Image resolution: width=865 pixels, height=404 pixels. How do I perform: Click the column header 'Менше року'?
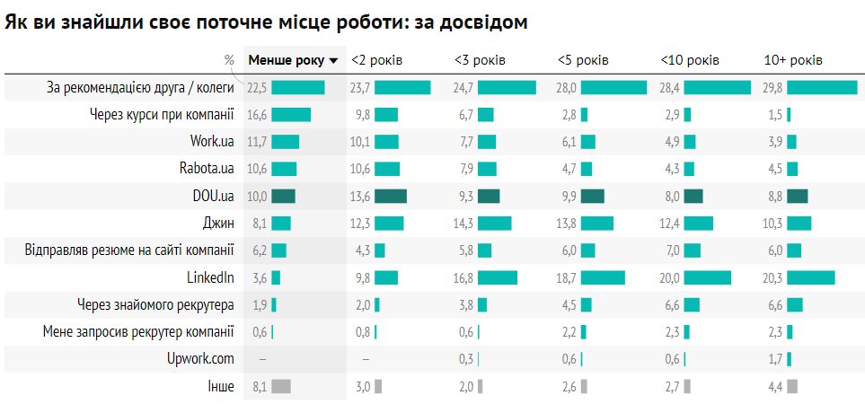287,60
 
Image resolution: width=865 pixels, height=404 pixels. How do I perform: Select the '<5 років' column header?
583,60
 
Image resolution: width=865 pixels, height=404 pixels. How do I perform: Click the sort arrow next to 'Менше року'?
334,61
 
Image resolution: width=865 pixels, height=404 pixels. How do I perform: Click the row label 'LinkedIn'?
210,277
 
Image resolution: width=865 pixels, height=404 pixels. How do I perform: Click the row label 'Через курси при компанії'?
162,115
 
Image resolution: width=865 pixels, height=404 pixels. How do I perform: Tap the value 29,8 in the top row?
773,88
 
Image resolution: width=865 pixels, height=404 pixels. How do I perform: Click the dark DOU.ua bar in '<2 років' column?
391,197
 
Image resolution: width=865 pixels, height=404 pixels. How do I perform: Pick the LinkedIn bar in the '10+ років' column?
811,277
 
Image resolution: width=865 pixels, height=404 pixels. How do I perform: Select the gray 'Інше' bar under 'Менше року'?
281,386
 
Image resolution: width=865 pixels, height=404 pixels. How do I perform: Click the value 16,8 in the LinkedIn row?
463,277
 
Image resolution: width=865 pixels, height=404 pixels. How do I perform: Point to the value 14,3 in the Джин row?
463,224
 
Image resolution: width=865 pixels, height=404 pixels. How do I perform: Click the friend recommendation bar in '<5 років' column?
613,88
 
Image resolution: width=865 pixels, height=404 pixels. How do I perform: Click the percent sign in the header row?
229,60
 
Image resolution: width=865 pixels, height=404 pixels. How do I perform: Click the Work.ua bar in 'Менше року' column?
285,142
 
